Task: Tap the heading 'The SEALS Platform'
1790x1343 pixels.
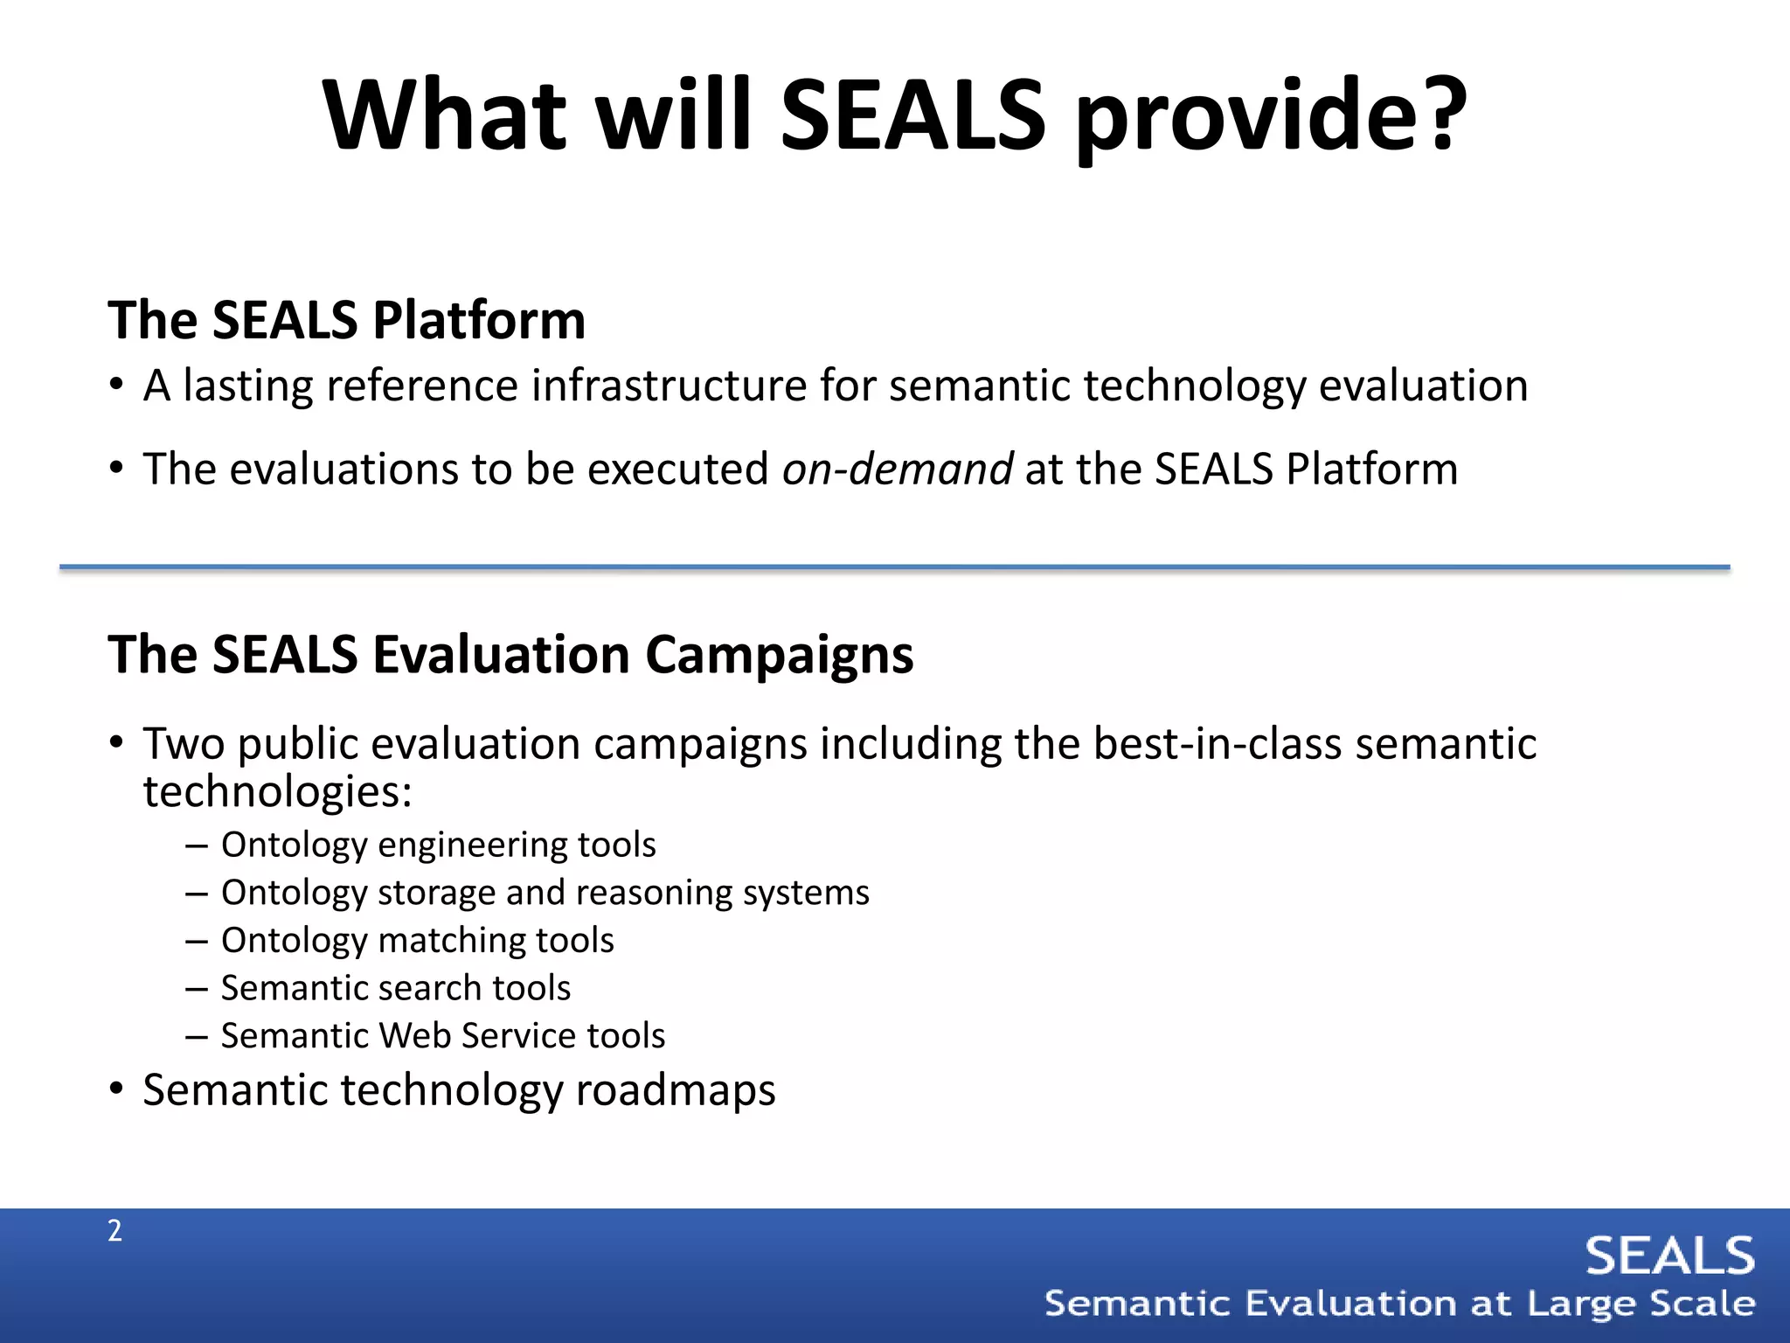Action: click(x=346, y=320)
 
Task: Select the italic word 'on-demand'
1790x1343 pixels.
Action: click(x=897, y=469)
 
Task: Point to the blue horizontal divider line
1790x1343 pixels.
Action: click(x=895, y=567)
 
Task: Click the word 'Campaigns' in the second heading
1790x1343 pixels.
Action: click(x=779, y=655)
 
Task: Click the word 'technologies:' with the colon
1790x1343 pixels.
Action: click(x=277, y=792)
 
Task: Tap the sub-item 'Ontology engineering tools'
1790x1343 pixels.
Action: click(x=438, y=845)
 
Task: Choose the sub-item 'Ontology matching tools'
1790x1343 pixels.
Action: click(x=417, y=941)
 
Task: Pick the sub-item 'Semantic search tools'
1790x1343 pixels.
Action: click(x=395, y=988)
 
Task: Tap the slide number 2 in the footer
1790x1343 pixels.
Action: click(x=114, y=1230)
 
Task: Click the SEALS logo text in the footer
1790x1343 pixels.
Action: click(x=1669, y=1256)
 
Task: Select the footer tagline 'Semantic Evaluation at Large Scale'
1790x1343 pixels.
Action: click(x=1400, y=1304)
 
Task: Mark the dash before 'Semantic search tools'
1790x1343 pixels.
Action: click(x=197, y=989)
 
